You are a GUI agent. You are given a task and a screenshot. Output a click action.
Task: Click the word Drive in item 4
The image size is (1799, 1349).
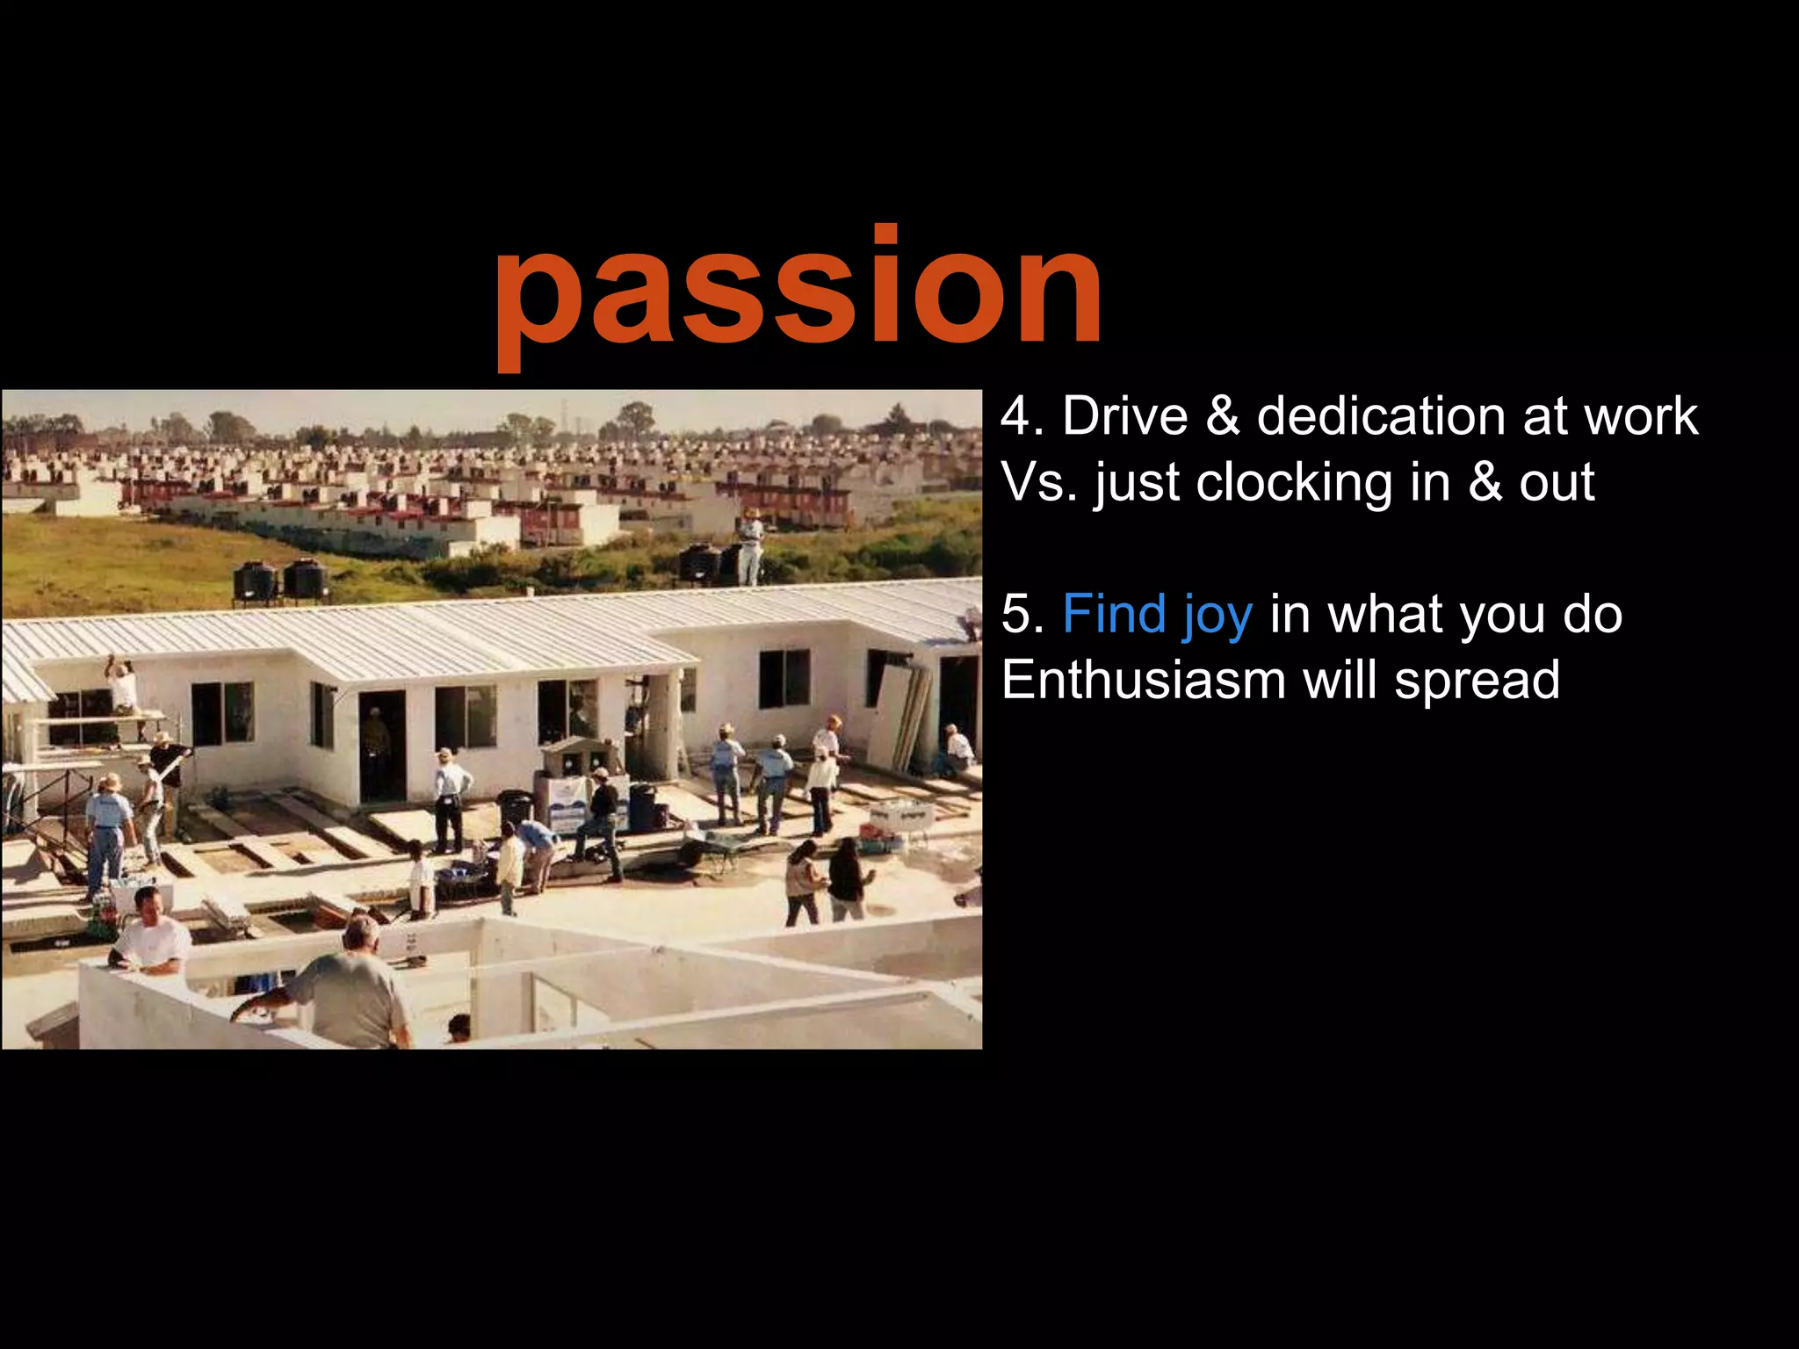(x=1124, y=415)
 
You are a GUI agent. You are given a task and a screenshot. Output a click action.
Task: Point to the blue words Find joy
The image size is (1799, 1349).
(x=1157, y=614)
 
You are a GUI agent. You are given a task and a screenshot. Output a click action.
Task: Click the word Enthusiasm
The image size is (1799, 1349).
(x=1143, y=680)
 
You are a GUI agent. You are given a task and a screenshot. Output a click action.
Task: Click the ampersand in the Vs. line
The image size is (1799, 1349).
(x=1485, y=483)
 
